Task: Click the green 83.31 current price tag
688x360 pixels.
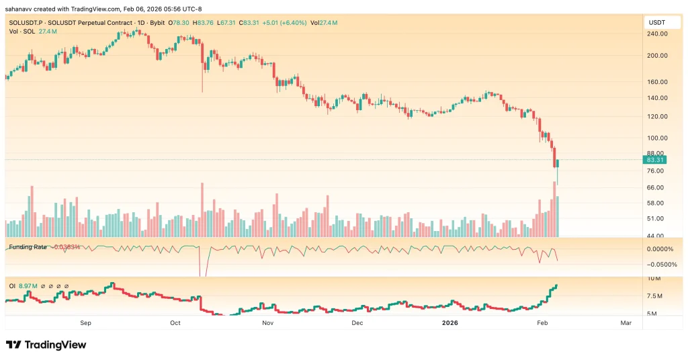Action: click(x=654, y=160)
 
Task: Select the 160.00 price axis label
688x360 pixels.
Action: click(x=656, y=82)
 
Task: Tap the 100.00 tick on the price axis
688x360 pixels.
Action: click(x=656, y=138)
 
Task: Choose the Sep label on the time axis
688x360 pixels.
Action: click(x=85, y=323)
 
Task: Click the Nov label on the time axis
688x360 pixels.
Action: click(x=267, y=323)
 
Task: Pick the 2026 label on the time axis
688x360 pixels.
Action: click(x=450, y=323)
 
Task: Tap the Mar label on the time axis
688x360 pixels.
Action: click(x=626, y=323)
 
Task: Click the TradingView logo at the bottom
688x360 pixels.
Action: click(x=46, y=345)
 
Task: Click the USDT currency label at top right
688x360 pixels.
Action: click(x=655, y=23)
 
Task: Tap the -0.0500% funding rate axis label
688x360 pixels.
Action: click(x=658, y=264)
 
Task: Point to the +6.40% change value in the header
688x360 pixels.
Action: click(x=292, y=23)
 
